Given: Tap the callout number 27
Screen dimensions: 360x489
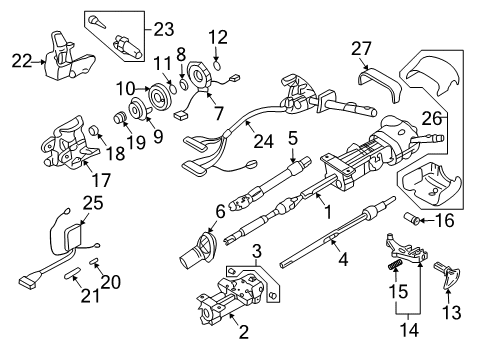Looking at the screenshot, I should [361, 48].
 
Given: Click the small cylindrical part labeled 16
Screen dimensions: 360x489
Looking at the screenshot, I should [416, 245].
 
